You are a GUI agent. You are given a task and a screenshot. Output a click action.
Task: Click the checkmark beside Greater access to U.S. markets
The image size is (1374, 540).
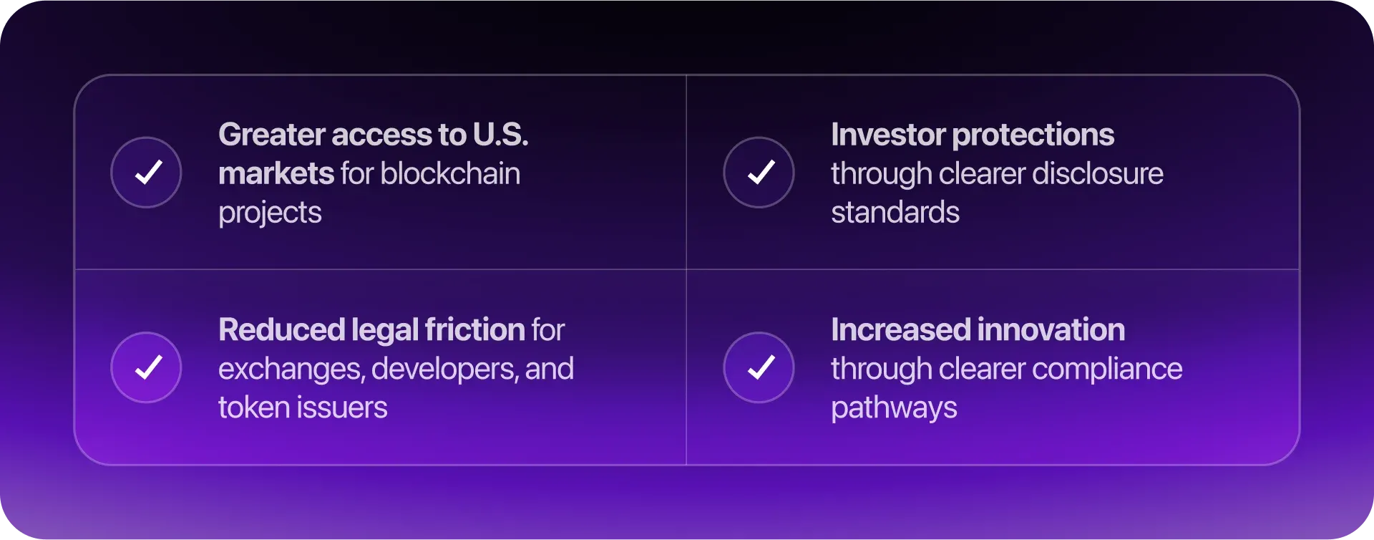click(x=149, y=172)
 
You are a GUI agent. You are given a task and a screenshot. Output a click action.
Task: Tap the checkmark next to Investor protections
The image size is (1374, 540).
click(x=761, y=172)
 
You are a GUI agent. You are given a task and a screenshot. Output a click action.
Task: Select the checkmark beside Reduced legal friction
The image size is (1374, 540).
click(x=149, y=367)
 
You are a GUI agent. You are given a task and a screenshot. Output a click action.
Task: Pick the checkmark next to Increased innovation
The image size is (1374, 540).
click(x=761, y=367)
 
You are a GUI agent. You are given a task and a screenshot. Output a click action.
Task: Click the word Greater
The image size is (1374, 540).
click(x=272, y=135)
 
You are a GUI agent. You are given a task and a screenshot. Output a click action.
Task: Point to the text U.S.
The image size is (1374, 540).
click(x=500, y=135)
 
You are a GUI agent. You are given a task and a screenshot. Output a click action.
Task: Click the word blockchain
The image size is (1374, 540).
click(x=451, y=173)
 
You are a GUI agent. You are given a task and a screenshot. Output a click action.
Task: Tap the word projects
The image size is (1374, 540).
click(x=270, y=213)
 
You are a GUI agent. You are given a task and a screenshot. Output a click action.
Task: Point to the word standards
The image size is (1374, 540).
click(x=895, y=213)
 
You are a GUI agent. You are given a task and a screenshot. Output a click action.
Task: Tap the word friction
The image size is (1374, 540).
click(x=475, y=330)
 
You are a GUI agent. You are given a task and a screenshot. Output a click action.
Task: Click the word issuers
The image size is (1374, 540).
click(x=342, y=408)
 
